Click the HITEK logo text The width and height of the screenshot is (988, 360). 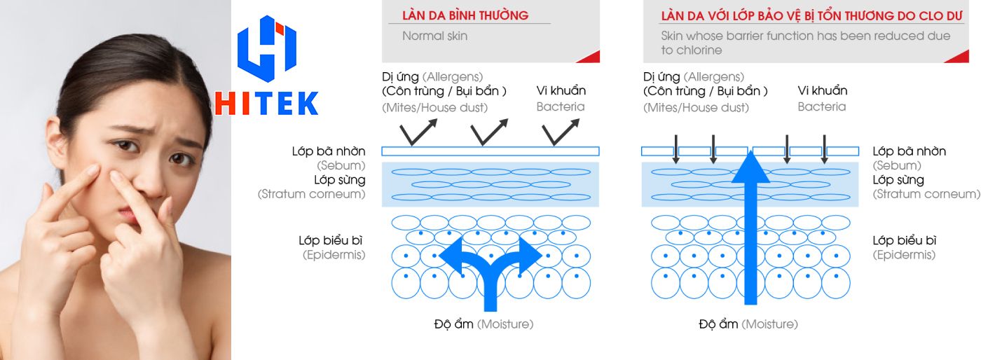point(267,104)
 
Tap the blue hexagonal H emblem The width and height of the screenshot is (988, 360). point(267,48)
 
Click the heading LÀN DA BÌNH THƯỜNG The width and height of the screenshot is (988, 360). point(465,15)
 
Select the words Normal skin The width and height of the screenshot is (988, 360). point(435,36)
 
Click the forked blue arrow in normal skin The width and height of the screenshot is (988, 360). point(490,273)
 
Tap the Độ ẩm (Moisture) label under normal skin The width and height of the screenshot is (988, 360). point(484,324)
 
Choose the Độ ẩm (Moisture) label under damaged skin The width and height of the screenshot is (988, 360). point(748,324)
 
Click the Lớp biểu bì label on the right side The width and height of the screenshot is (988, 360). point(904,241)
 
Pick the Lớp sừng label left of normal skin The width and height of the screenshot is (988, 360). point(340,180)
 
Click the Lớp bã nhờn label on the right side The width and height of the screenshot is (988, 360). point(909,151)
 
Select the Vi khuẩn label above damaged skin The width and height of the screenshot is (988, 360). point(823,91)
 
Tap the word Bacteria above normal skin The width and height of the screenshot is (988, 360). point(561,106)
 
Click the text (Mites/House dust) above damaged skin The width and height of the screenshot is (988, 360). point(696,108)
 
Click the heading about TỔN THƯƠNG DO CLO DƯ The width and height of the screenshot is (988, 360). point(811,16)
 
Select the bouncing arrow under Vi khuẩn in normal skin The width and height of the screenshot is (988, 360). point(561,132)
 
